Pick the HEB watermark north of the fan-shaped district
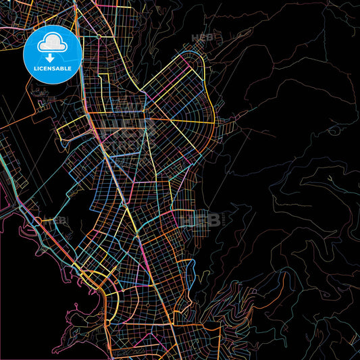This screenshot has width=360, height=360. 203,38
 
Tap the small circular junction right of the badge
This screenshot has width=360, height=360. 99,35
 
